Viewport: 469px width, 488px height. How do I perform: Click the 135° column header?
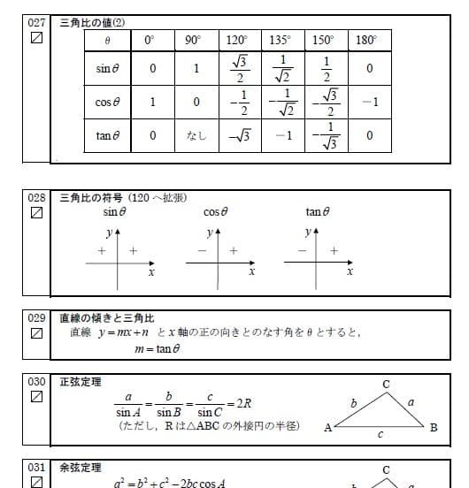tap(280, 41)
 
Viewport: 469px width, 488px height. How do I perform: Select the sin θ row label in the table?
tap(109, 69)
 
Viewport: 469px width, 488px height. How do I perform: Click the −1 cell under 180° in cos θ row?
tap(370, 102)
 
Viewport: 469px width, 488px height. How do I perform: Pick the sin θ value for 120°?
tap(237, 69)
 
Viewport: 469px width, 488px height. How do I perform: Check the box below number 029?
tap(36, 333)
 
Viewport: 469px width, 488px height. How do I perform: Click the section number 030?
tap(36, 381)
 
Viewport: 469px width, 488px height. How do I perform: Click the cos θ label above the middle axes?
tap(216, 212)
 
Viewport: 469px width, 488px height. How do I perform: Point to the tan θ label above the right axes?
tap(317, 212)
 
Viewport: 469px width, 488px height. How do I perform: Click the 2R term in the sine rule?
tap(239, 403)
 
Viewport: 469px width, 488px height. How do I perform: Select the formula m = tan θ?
tap(158, 349)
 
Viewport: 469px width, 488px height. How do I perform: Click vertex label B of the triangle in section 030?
tap(434, 429)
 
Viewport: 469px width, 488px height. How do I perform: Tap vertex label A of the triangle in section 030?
tap(327, 429)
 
